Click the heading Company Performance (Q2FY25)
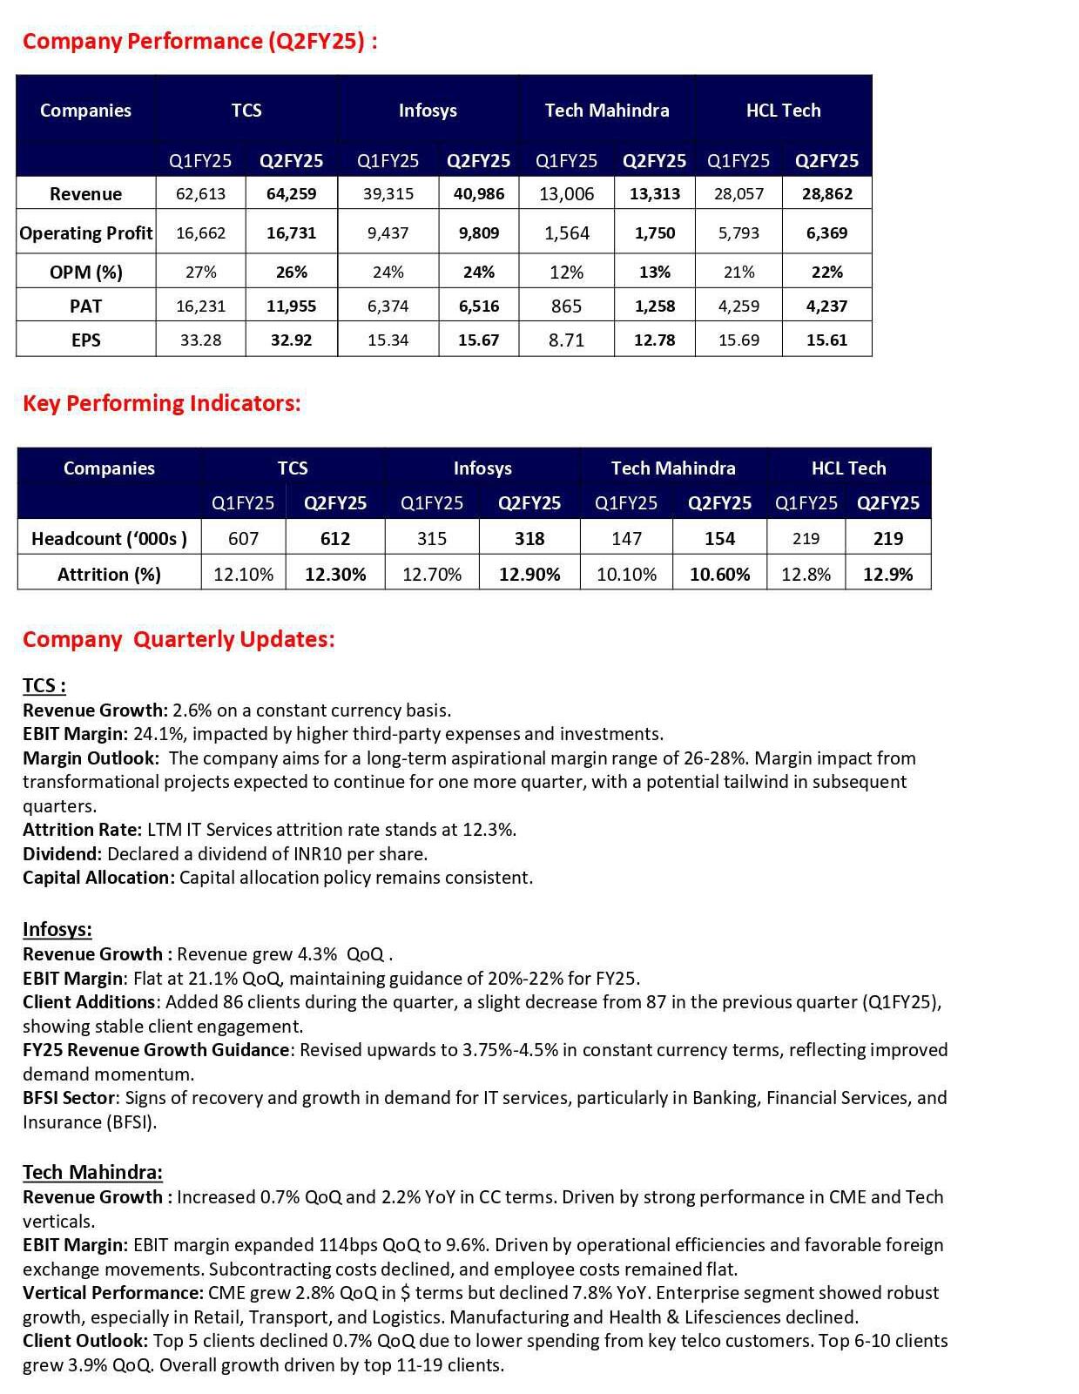pyautogui.click(x=199, y=41)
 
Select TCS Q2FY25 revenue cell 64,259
pyautogui.click(x=291, y=193)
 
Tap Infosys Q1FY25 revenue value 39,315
pyautogui.click(x=388, y=193)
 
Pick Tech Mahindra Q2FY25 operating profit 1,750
pyautogui.click(x=654, y=232)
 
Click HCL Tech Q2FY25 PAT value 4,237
pyautogui.click(x=826, y=306)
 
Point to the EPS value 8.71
pyautogui.click(x=566, y=340)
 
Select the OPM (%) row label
pyautogui.click(x=85, y=272)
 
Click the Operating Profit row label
pyautogui.click(x=85, y=232)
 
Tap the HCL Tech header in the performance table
pyautogui.click(x=783, y=110)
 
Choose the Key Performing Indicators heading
pyautogui.click(x=161, y=403)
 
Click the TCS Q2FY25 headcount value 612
pyautogui.click(x=335, y=538)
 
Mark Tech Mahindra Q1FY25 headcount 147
pyautogui.click(x=626, y=538)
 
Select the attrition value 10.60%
pyautogui.click(x=719, y=574)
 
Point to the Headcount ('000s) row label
pyautogui.click(x=109, y=538)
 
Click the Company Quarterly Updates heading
pyautogui.click(x=179, y=639)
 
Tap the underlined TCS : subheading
pyautogui.click(x=44, y=685)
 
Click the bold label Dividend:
pyautogui.click(x=63, y=853)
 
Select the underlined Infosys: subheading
pyautogui.click(x=57, y=929)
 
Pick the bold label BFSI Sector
pyautogui.click(x=69, y=1097)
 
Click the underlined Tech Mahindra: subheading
pyautogui.click(x=92, y=1172)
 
